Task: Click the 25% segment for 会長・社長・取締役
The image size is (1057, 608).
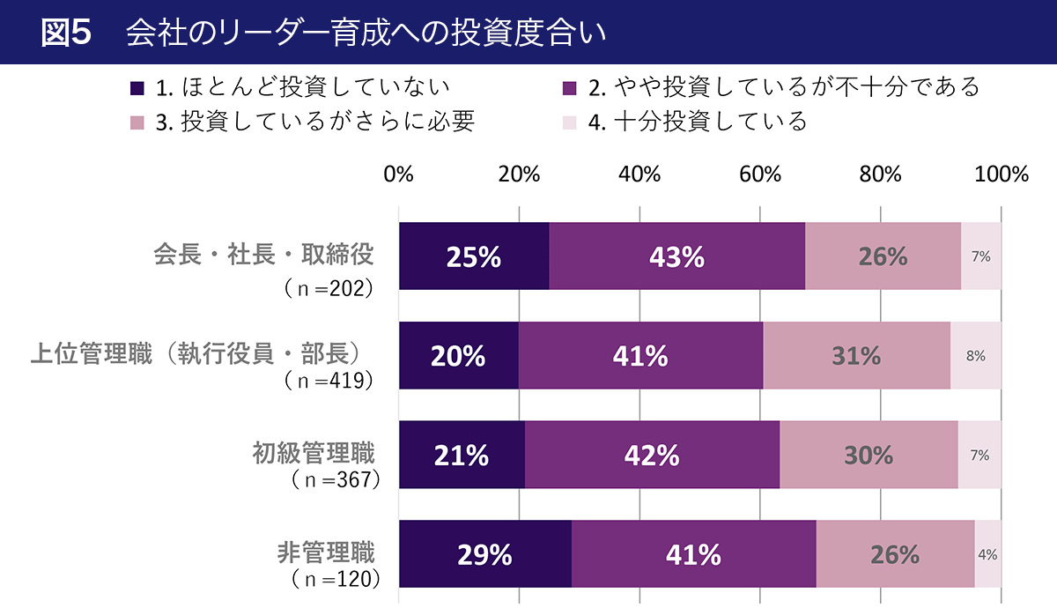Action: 474,256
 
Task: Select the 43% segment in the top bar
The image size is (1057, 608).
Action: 676,256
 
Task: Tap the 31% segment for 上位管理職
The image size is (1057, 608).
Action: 856,356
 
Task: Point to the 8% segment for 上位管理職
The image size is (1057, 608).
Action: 976,356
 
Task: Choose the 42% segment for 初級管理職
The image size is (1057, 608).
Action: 652,456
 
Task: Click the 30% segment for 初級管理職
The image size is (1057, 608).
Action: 869,456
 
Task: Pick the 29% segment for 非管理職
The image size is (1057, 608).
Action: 485,555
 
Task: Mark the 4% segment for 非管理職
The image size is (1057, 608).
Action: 987,555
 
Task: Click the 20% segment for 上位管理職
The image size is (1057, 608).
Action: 458,356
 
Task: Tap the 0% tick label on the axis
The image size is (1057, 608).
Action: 399,174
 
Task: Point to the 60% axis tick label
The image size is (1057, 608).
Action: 760,174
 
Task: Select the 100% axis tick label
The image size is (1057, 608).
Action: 1002,174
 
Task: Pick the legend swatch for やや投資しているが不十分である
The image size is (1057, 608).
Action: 569,88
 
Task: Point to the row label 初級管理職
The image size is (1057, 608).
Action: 314,454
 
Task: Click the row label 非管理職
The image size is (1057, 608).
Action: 326,553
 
